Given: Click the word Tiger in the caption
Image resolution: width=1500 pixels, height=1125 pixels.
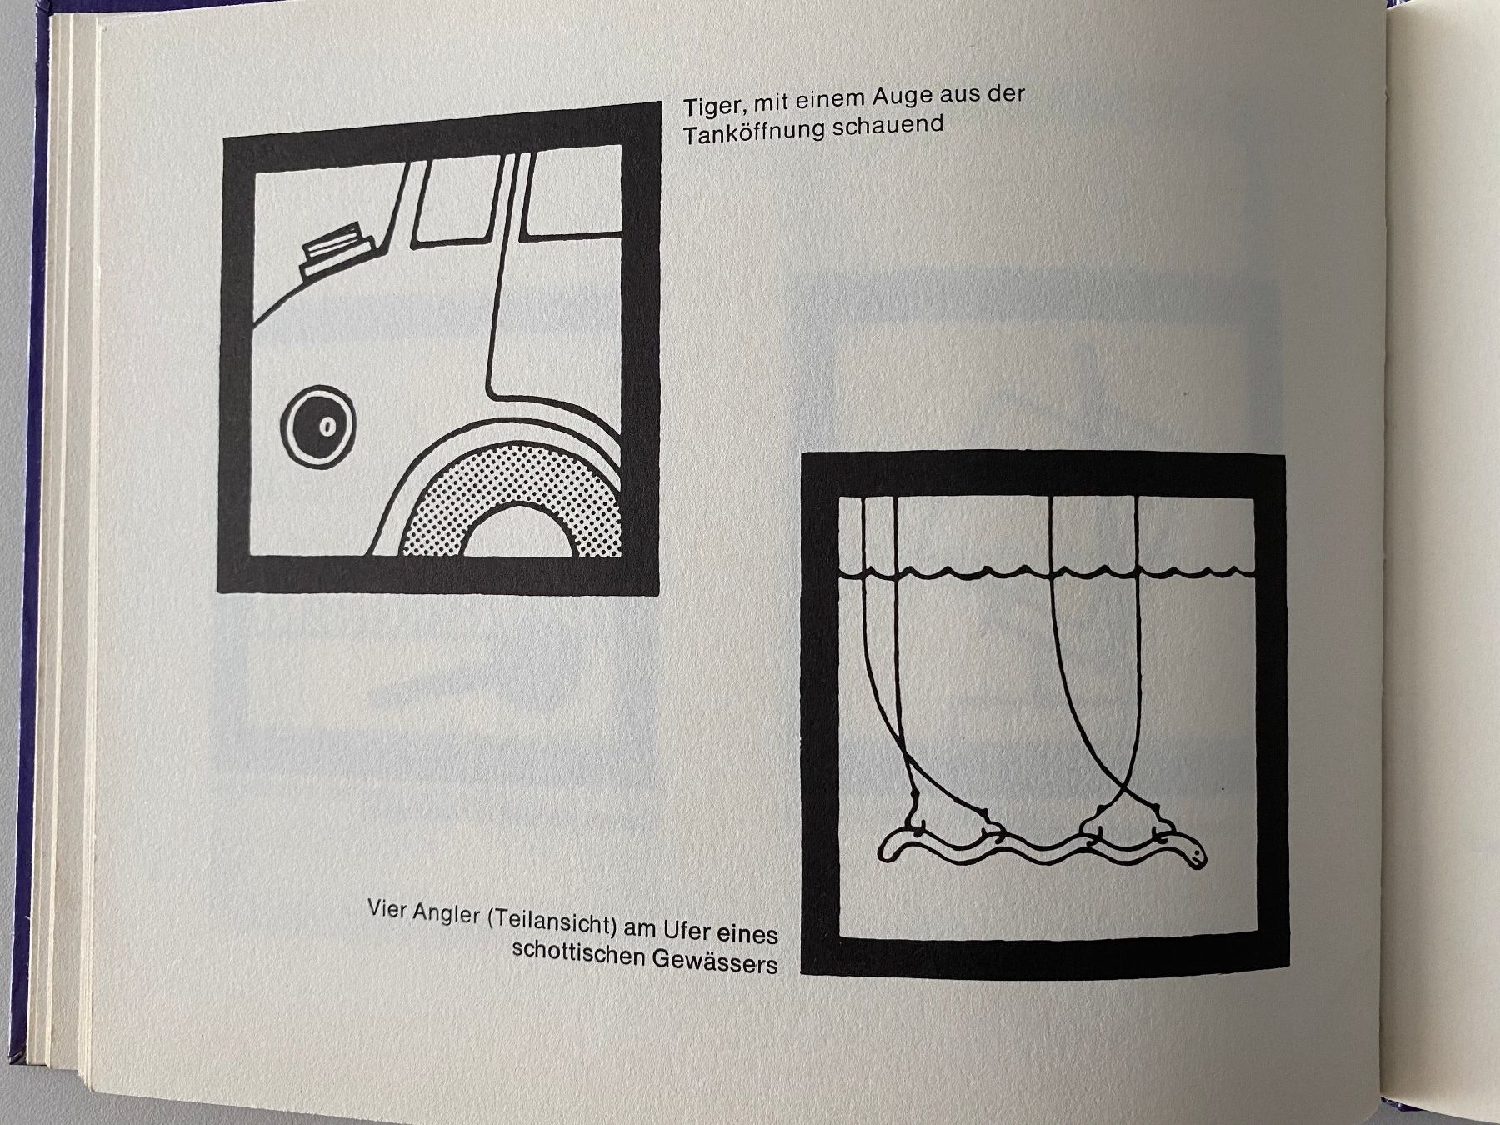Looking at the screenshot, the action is (712, 107).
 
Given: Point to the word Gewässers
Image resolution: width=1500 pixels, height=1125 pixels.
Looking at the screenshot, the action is (715, 961).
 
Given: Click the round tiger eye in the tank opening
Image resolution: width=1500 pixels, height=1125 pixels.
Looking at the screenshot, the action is (317, 425).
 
